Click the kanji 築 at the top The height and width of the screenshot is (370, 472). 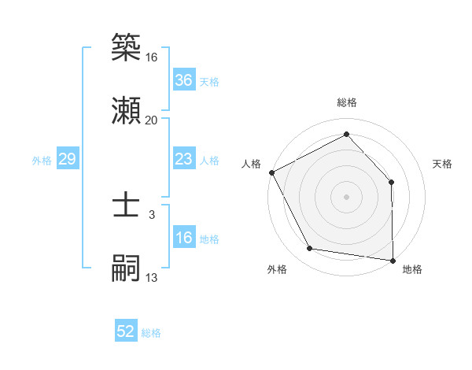[x=126, y=48]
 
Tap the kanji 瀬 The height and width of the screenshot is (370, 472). [x=126, y=109]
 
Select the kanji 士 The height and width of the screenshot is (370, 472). [x=126, y=205]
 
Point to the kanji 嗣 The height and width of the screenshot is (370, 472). [x=126, y=268]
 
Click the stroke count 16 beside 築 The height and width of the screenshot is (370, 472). [x=152, y=57]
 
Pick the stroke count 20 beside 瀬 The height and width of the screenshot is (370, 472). [x=152, y=120]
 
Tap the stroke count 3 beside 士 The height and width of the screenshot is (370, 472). [x=152, y=214]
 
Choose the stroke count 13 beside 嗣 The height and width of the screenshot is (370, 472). [x=152, y=277]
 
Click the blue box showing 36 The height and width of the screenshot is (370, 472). [x=184, y=80]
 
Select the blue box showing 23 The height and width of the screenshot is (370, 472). [x=184, y=159]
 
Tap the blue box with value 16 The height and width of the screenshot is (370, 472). [x=184, y=238]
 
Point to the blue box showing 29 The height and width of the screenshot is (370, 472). [x=67, y=159]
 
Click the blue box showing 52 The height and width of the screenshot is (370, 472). [x=126, y=331]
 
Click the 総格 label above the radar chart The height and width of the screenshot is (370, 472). [x=346, y=102]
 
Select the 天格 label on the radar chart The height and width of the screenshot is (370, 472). [x=443, y=164]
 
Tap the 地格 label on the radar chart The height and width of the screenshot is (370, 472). [x=412, y=269]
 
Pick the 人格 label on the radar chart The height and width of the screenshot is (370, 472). [x=252, y=164]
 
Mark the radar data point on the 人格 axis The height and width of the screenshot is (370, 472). [x=271, y=172]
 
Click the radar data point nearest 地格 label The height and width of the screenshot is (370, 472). [x=393, y=259]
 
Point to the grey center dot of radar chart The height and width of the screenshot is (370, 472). [x=346, y=196]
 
